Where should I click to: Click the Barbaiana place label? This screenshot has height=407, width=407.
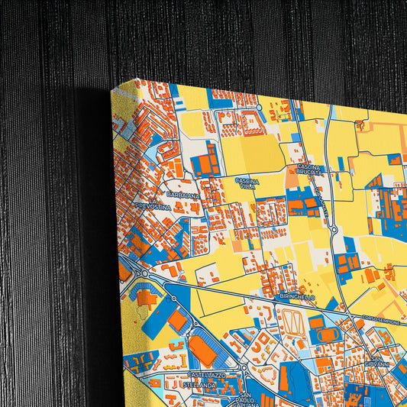184,195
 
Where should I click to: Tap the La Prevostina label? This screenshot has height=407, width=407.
153,204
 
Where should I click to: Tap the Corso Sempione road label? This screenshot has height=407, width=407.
380,321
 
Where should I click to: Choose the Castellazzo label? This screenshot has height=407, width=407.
206,376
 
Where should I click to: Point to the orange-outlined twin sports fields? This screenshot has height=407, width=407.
291,323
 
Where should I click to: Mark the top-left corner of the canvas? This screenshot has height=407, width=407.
135,79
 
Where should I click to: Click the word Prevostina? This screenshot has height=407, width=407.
155,207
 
